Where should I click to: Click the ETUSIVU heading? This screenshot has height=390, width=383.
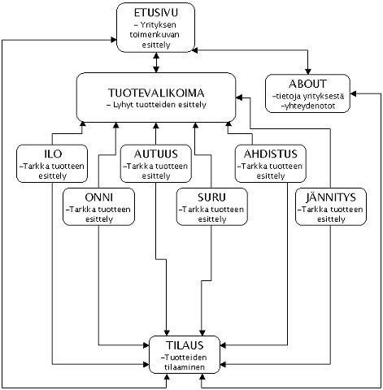coord(156,13)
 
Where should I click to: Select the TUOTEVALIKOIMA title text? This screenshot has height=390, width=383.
coord(156,93)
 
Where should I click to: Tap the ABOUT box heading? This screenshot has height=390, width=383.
coord(307,84)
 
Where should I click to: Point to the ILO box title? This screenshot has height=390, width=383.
coord(53,154)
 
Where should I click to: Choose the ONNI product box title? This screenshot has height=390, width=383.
coord(98,197)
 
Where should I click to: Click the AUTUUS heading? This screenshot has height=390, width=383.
coord(156,154)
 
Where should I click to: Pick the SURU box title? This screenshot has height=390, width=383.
coord(211,197)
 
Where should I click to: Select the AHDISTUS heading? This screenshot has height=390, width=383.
coord(271,154)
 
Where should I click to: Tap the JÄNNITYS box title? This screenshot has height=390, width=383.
coord(331,197)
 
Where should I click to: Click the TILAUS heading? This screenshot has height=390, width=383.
coord(185,345)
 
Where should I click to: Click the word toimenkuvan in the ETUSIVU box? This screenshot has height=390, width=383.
coord(155,35)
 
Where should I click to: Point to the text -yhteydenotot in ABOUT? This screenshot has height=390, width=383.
coord(308,106)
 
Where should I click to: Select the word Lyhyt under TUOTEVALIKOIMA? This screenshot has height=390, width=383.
coord(123,105)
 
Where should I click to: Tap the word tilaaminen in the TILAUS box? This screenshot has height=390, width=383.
coord(185,367)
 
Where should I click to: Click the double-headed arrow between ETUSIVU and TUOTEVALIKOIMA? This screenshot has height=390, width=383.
coord(156,63)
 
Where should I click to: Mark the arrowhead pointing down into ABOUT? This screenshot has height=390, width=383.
coord(307,71)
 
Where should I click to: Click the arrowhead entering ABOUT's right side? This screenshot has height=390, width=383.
coord(353,94)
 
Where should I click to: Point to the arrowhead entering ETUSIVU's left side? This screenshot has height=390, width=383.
coord(114,40)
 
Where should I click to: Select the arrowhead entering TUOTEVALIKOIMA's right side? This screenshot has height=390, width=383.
coord(239,97)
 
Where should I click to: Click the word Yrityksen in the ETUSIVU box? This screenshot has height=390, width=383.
coord(159,25)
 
